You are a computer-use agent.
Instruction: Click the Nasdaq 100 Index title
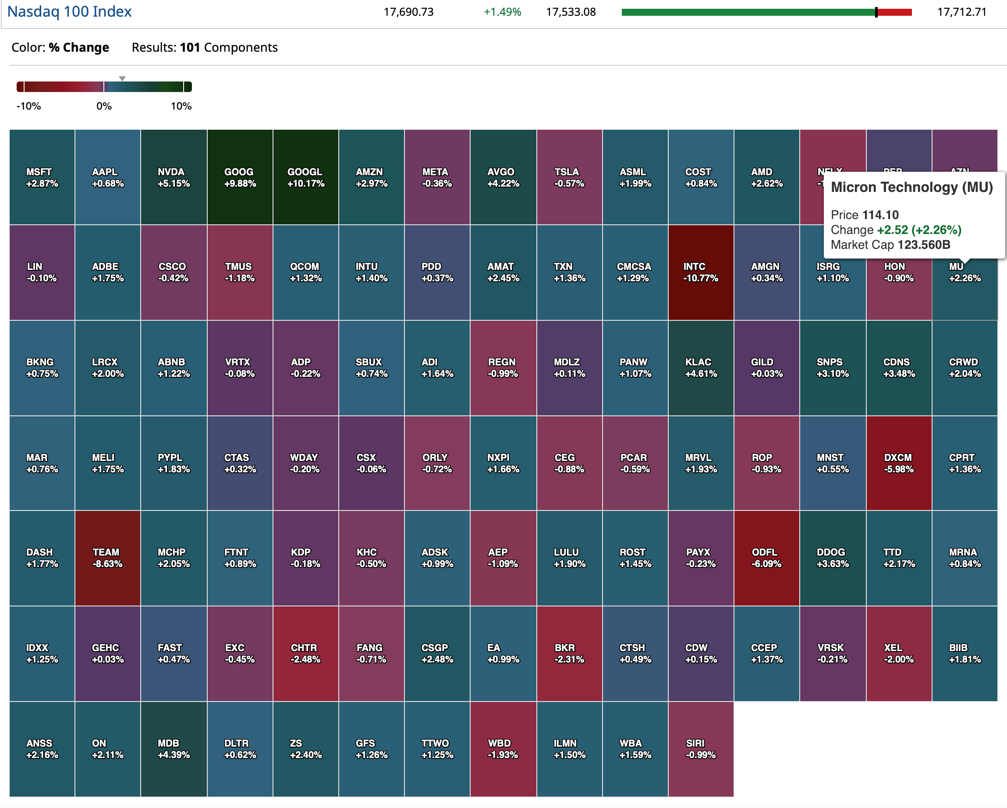(70, 11)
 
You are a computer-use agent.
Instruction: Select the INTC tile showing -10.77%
(701, 272)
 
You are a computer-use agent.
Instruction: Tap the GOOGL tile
(305, 177)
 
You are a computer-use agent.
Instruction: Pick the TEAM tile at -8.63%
(107, 558)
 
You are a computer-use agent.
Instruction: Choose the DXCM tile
(899, 463)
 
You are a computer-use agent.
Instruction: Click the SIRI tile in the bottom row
(701, 749)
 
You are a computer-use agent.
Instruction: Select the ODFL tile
(766, 558)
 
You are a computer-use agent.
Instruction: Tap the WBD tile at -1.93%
(503, 749)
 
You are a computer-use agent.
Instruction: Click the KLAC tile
(701, 368)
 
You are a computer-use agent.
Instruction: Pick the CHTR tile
(305, 653)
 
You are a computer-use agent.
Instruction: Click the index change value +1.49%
(502, 12)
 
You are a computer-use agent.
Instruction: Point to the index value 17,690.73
(409, 12)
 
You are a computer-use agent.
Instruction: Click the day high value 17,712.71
(962, 12)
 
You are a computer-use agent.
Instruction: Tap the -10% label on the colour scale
(29, 106)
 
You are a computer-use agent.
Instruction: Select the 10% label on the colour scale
(181, 106)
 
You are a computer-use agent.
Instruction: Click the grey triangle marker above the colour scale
(122, 78)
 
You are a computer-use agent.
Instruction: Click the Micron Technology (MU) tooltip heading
(912, 187)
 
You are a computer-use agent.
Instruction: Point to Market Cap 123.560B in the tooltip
(890, 245)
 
